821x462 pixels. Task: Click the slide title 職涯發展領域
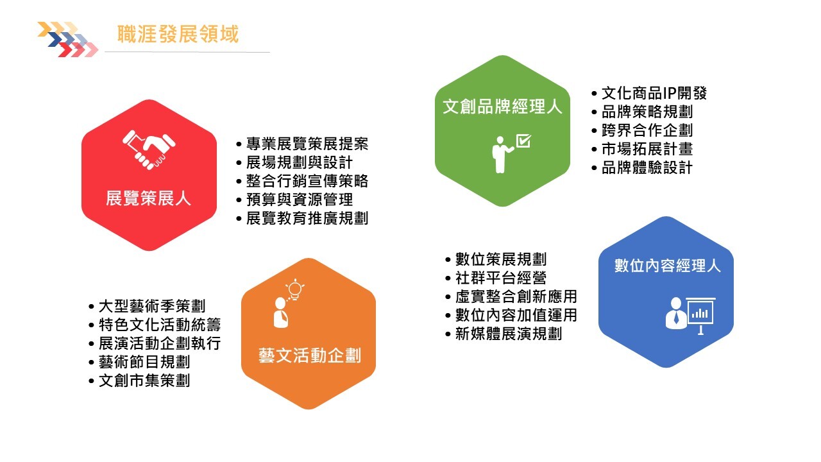tap(178, 34)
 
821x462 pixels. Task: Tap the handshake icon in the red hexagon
tap(149, 150)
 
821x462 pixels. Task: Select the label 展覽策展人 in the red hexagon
tap(148, 198)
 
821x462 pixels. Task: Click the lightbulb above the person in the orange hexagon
tap(295, 289)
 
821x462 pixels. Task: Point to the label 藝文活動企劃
tap(310, 355)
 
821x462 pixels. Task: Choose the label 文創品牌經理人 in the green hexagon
tap(502, 107)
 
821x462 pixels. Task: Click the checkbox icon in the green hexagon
tap(523, 141)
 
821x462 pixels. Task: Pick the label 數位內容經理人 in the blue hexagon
tap(668, 266)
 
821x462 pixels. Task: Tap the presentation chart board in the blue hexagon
tap(700, 315)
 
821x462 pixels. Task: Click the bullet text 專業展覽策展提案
tap(307, 144)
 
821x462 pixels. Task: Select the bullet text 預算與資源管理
tap(300, 200)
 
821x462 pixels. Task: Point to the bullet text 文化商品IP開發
tap(654, 93)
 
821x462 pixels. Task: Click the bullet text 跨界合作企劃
tap(647, 130)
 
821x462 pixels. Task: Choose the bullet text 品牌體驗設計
tap(647, 167)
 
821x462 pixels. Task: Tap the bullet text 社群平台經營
tap(501, 278)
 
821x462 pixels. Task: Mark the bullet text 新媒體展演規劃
tap(509, 334)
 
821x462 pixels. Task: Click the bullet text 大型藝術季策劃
tap(152, 306)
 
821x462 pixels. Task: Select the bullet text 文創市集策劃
tap(144, 381)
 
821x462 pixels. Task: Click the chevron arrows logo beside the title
tap(68, 39)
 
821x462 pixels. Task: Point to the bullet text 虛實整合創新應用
tap(516, 296)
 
